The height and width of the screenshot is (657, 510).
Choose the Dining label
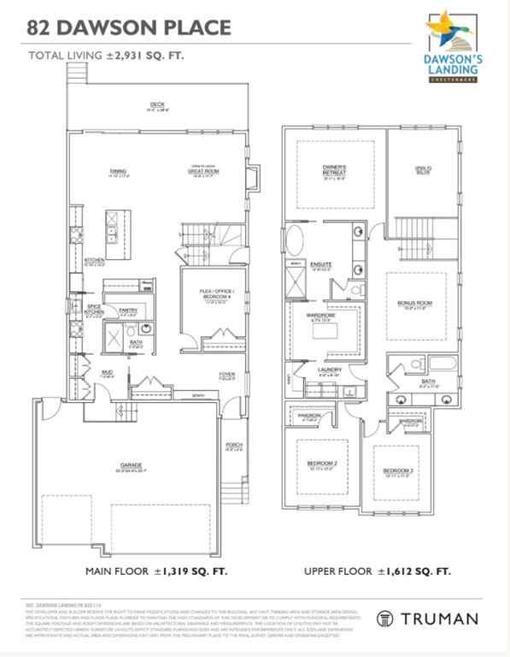pyautogui.click(x=118, y=171)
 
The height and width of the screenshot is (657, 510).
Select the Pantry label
pyautogui.click(x=128, y=310)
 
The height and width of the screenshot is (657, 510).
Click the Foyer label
pyautogui.click(x=226, y=374)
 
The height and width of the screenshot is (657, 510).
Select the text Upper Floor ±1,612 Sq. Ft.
pyautogui.click(x=376, y=571)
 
